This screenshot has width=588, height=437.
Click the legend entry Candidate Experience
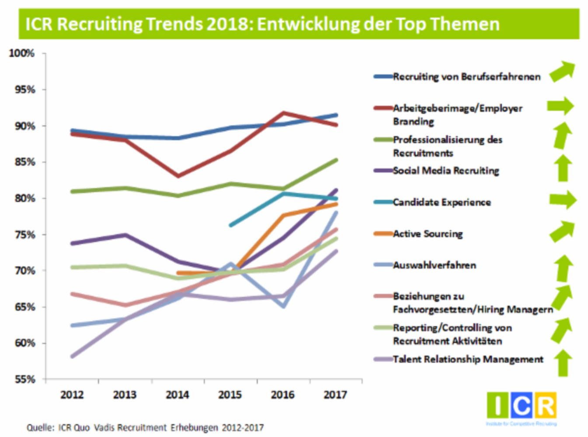pyautogui.click(x=442, y=202)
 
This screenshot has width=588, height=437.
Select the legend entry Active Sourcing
pyautogui.click(x=428, y=234)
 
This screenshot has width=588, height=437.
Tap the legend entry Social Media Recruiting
pyautogui.click(x=445, y=171)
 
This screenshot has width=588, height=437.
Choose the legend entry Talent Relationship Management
pyautogui.click(x=468, y=360)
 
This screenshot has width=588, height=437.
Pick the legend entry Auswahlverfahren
pyautogui.click(x=434, y=265)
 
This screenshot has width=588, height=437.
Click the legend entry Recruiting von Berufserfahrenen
pyautogui.click(x=466, y=77)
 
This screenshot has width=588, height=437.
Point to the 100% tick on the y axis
pyautogui.click(x=21, y=53)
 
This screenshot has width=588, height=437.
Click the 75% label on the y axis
pyautogui.click(x=24, y=235)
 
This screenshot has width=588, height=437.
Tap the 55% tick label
pyautogui.click(x=24, y=379)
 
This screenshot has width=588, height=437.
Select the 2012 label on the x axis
pyautogui.click(x=72, y=395)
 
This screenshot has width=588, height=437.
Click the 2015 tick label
pyautogui.click(x=230, y=395)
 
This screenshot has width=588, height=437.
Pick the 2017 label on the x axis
pyautogui.click(x=335, y=395)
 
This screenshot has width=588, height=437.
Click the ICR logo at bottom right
pyautogui.click(x=521, y=406)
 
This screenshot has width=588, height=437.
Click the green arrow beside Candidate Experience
pyautogui.click(x=563, y=200)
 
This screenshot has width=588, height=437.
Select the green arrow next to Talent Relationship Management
pyautogui.click(x=563, y=363)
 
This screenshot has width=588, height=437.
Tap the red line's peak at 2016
pyautogui.click(x=283, y=113)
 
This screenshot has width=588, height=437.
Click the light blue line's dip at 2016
pyautogui.click(x=284, y=306)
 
